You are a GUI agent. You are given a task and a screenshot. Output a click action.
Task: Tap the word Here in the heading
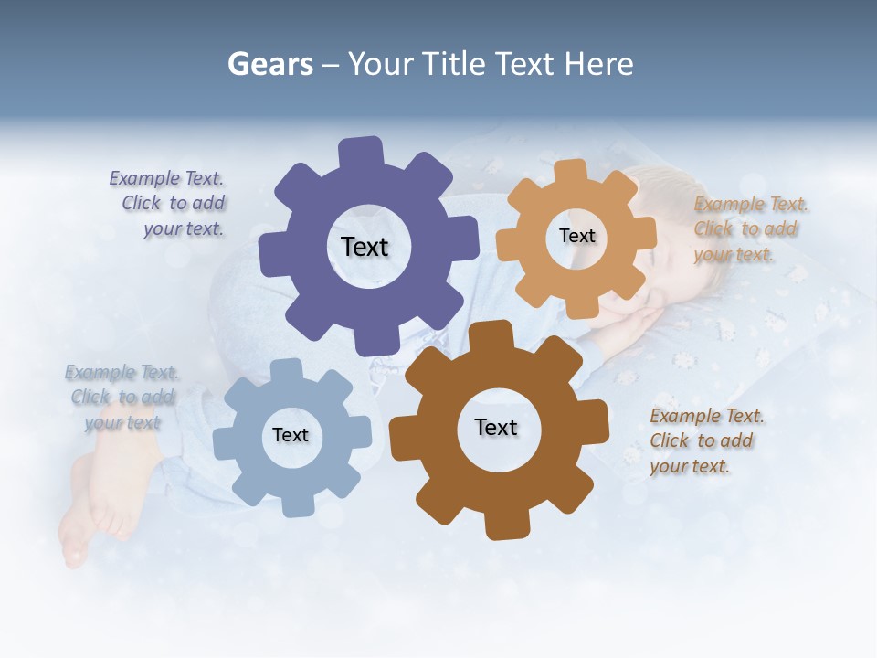598,64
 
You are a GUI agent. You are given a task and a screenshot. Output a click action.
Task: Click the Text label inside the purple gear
365,247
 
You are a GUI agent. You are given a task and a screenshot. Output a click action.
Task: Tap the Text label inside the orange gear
576,236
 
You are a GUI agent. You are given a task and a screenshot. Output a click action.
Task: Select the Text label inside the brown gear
496,427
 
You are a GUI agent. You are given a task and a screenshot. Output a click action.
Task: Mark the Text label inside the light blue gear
291,435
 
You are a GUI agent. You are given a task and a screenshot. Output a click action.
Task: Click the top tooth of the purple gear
361,151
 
